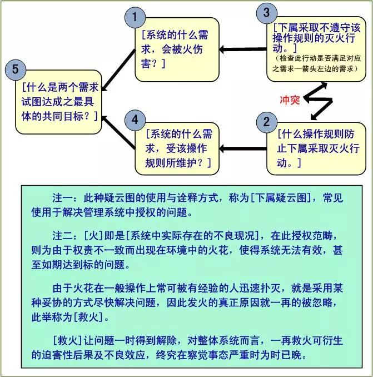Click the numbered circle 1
[x=135, y=17]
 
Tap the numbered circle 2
[x=266, y=122]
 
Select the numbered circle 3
[x=267, y=13]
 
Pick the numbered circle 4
[x=135, y=120]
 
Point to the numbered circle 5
[x=16, y=70]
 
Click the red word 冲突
[x=290, y=100]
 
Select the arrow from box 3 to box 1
[x=243, y=50]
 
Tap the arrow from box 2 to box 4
[x=243, y=148]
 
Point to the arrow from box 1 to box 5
[x=118, y=70]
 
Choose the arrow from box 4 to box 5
[x=118, y=132]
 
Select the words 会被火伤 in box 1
[x=182, y=49]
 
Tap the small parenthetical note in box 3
[x=316, y=63]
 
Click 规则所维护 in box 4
[x=171, y=163]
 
